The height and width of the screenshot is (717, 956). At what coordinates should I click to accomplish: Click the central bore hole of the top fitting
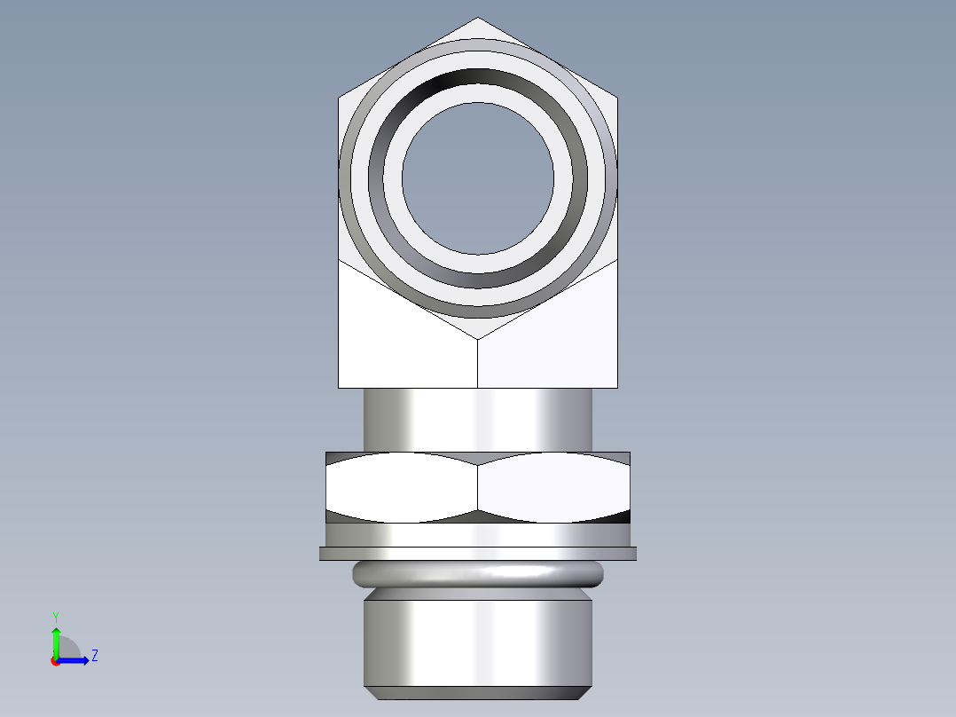478,177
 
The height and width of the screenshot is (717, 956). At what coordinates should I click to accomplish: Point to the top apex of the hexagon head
478,20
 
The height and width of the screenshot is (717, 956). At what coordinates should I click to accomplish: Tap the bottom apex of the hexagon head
478,337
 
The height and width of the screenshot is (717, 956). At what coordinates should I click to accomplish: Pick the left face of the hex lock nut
402,486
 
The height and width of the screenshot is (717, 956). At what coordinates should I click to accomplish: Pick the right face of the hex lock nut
554,486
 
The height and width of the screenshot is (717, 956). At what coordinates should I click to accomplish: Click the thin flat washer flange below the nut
478,554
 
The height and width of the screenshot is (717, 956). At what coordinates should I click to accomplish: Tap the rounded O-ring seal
478,574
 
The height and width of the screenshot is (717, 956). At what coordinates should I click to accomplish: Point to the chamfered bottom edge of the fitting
478,693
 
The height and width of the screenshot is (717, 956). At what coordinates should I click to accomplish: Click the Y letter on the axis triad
55,616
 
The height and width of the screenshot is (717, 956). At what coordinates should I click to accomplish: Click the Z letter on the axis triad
94,656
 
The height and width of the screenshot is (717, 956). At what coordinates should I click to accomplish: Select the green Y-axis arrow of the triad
56,639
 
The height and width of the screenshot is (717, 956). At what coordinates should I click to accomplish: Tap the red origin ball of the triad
55,661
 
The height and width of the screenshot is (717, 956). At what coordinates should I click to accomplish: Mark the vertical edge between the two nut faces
478,486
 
